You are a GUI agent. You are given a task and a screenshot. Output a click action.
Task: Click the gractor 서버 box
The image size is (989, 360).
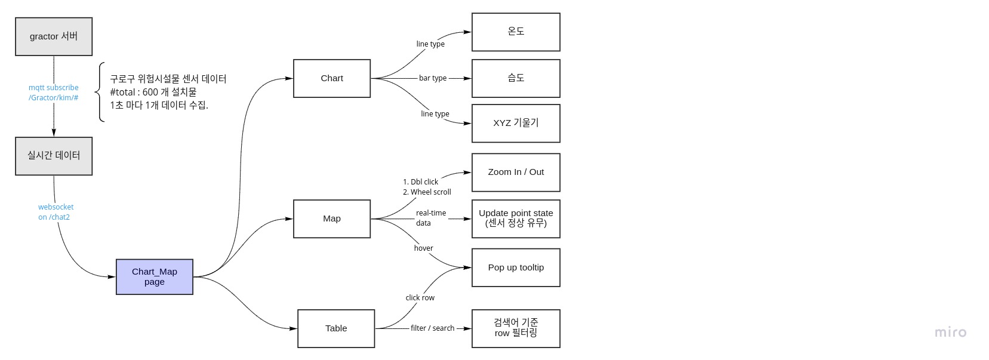tap(54, 36)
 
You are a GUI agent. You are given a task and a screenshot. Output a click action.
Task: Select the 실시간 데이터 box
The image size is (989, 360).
tap(54, 156)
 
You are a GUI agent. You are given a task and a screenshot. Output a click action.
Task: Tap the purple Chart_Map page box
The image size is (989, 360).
tap(154, 276)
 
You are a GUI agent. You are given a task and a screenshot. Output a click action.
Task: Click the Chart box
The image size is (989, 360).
tap(332, 78)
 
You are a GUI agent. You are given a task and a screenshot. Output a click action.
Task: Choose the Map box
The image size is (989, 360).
tap(332, 219)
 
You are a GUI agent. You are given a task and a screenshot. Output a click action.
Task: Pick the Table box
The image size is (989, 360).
tap(336, 328)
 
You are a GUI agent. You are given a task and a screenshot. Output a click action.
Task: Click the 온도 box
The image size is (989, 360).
tap(516, 32)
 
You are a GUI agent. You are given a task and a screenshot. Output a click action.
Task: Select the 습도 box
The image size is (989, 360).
tap(516, 78)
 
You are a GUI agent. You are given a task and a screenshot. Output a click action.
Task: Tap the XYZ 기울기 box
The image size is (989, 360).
tap(516, 123)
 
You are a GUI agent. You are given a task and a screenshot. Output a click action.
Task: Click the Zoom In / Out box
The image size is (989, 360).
tap(516, 172)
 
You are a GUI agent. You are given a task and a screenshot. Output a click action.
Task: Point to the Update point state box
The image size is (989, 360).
tap(516, 219)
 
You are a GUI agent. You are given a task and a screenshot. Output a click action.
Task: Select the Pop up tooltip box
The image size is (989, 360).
tap(516, 267)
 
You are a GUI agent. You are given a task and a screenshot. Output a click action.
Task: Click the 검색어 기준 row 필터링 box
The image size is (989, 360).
tap(516, 328)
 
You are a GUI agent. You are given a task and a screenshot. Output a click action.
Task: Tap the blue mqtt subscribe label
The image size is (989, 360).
tap(54, 93)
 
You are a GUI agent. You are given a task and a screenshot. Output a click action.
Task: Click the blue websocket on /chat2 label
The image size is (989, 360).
tap(56, 212)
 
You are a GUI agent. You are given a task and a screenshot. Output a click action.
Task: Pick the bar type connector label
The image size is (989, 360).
tap(433, 78)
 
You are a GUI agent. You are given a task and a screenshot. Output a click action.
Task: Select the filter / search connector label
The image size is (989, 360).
tap(433, 328)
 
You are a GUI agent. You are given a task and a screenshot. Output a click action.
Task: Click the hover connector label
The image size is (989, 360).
tap(423, 248)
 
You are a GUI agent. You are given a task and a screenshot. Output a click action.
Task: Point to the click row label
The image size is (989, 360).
tap(420, 298)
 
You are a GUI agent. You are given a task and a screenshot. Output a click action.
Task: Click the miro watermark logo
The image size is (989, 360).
tap(950, 333)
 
